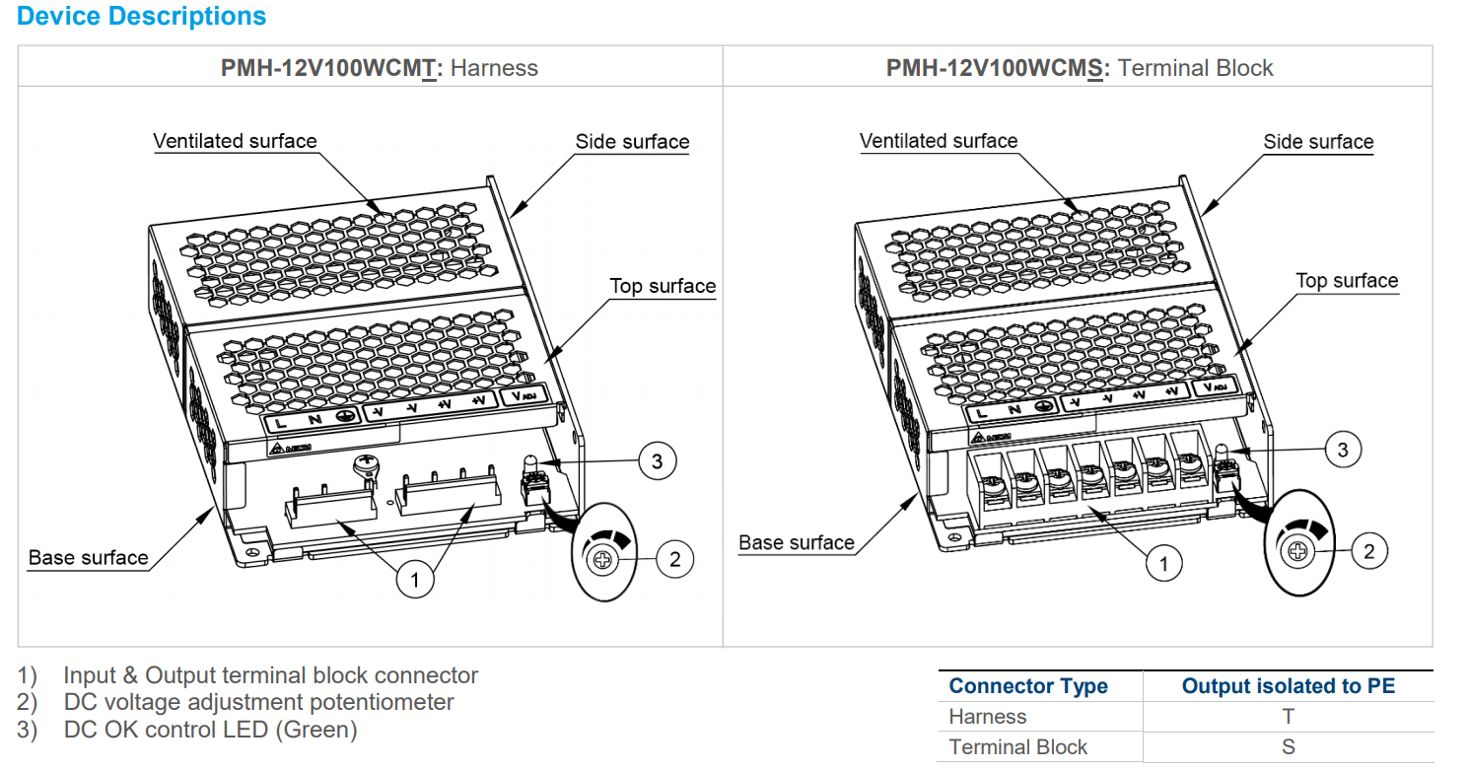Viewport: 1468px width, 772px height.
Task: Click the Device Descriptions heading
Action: tap(142, 17)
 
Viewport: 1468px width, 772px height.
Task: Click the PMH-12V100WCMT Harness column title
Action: tap(380, 68)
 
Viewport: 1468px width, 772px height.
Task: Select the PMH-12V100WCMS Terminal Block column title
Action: tap(1079, 68)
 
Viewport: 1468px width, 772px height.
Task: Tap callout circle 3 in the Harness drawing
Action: tap(657, 459)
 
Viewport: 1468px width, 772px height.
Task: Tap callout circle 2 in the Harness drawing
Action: tap(674, 559)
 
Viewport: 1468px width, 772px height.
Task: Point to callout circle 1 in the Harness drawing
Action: tap(415, 579)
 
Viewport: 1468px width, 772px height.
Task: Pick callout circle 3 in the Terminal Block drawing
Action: tap(1342, 451)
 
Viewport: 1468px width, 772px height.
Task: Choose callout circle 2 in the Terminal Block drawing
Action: tap(1368, 551)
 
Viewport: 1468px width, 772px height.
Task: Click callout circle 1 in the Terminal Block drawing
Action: tap(1164, 564)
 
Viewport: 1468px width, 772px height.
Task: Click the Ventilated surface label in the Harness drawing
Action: tap(235, 141)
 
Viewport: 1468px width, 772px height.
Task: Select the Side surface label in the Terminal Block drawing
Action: tap(1318, 142)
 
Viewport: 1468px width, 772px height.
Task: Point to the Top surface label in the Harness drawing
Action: tap(663, 286)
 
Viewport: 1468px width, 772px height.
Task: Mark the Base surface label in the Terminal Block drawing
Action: tap(797, 542)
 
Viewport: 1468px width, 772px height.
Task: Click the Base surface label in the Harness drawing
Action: tap(88, 557)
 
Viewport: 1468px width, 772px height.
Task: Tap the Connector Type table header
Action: tap(1028, 686)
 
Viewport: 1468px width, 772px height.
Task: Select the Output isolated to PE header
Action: tap(1288, 686)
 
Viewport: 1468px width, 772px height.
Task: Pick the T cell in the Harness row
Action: tap(1288, 717)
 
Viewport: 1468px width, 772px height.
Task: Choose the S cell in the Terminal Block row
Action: tap(1288, 747)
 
